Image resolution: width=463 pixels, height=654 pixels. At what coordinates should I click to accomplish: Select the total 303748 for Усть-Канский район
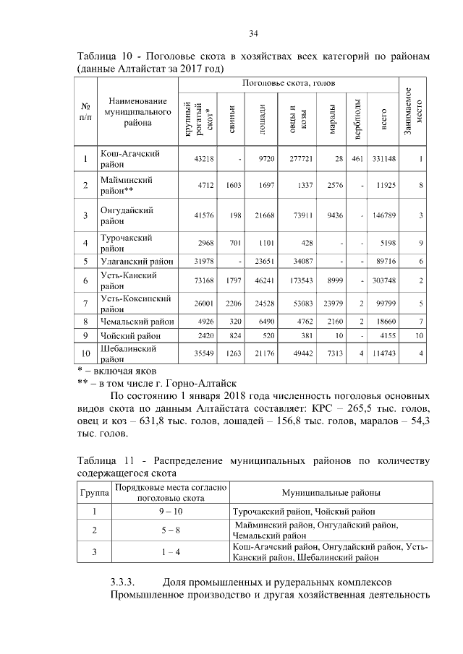383,280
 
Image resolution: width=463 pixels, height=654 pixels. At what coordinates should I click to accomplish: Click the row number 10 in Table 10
85,354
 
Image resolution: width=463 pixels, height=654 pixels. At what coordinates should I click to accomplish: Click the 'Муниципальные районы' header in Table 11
331,493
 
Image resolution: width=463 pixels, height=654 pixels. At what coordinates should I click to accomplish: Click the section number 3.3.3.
124,581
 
